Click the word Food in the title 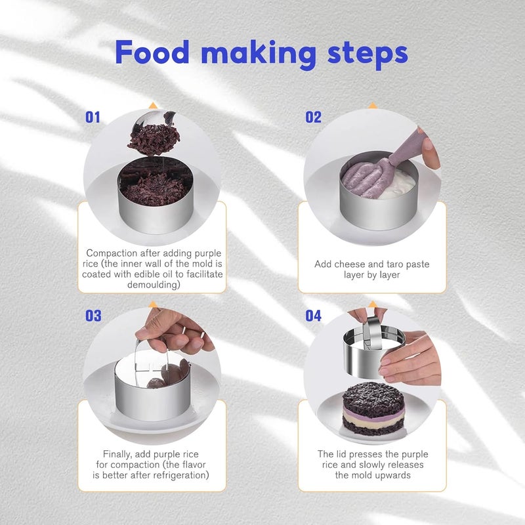click(x=152, y=52)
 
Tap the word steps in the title click(x=367, y=55)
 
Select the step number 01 click(x=93, y=117)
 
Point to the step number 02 click(x=313, y=117)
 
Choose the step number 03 click(x=93, y=316)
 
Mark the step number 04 click(x=313, y=316)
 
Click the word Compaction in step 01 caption click(x=112, y=253)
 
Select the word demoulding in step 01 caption click(x=154, y=285)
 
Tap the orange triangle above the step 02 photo click(x=372, y=106)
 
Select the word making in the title click(x=258, y=55)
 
